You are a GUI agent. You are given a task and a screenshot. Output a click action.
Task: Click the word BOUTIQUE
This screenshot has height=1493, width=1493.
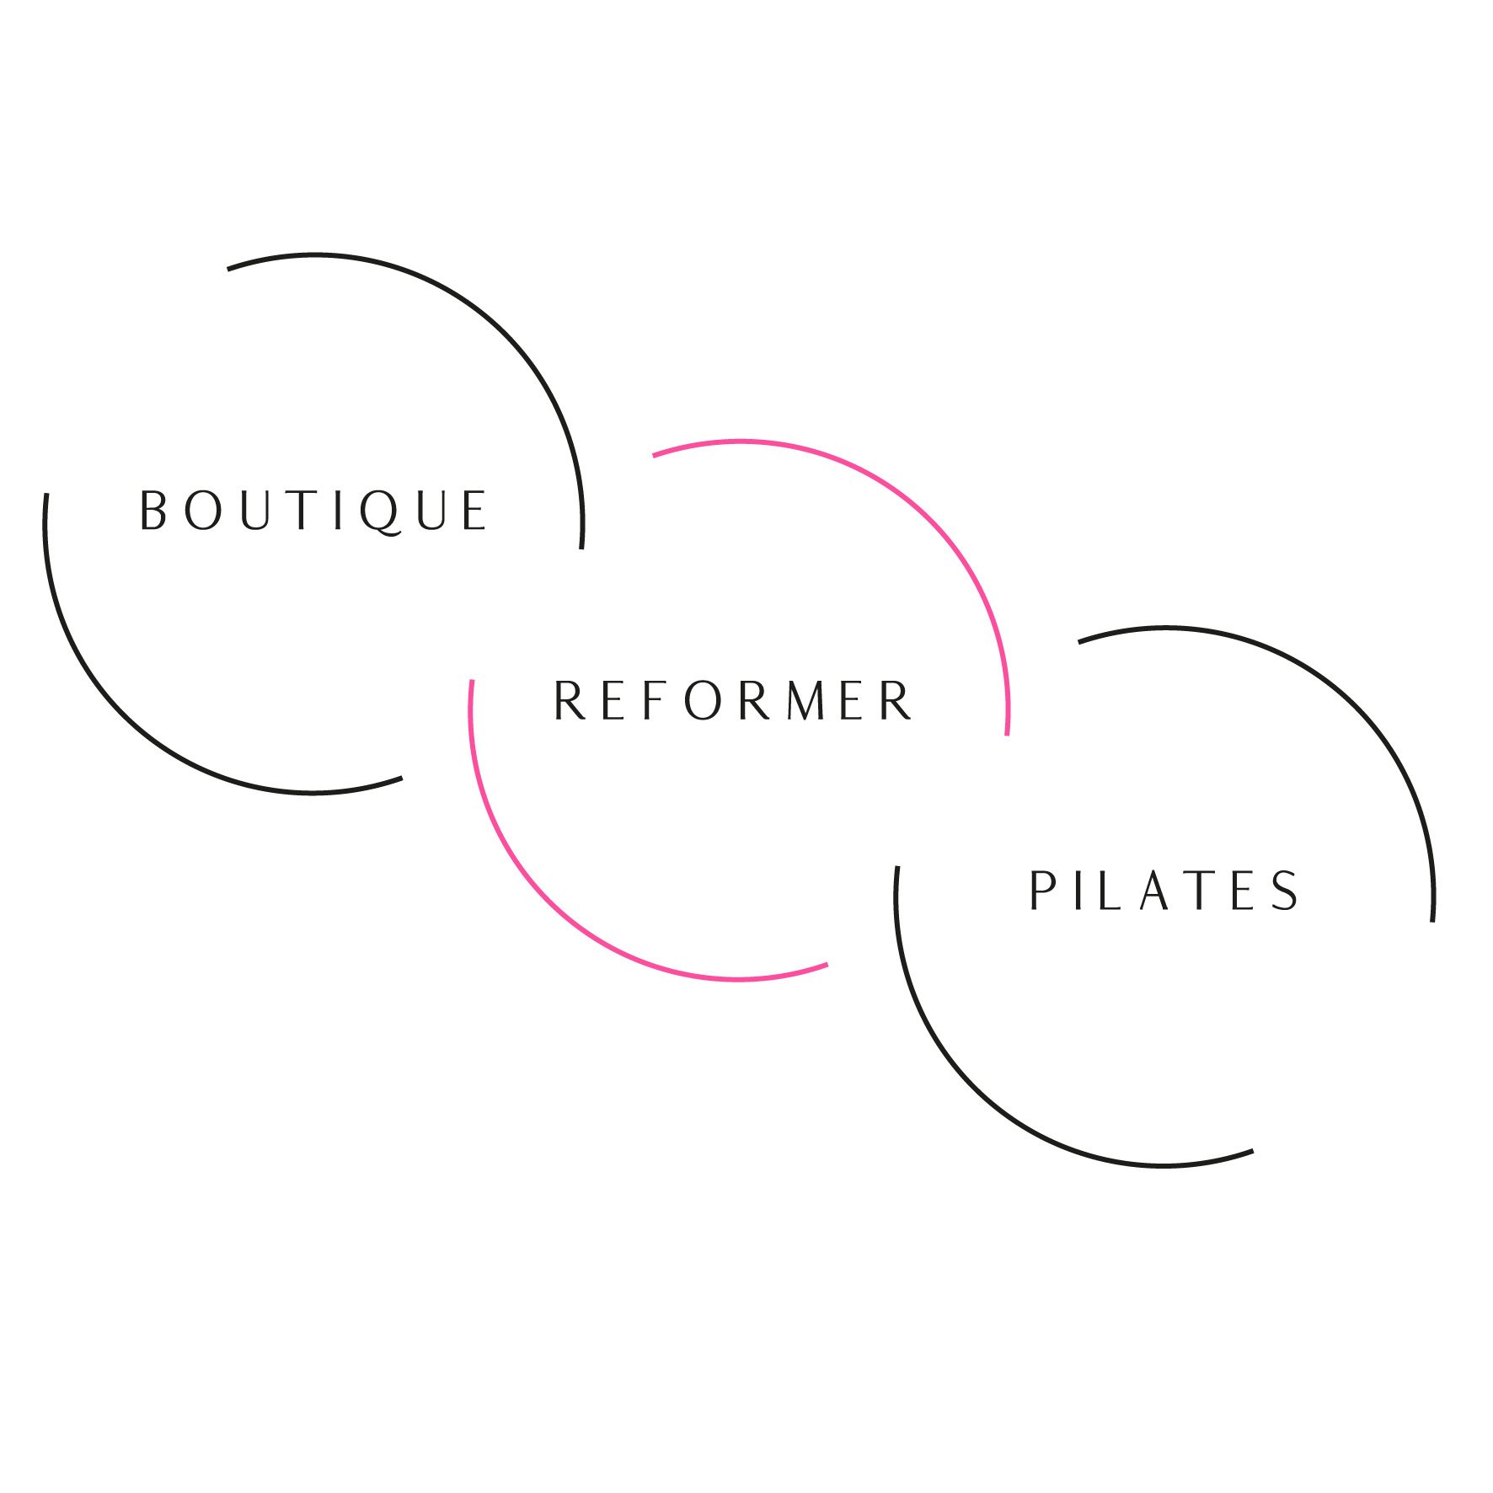pos(313,511)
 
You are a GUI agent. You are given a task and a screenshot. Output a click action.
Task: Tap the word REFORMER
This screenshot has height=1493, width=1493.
pos(732,700)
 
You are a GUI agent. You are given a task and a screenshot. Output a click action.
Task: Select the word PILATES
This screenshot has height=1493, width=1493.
pos(1163,891)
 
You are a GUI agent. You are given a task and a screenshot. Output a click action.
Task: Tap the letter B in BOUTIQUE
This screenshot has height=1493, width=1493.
pos(153,511)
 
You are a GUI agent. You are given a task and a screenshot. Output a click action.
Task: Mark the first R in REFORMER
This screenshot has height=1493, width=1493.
pos(569,700)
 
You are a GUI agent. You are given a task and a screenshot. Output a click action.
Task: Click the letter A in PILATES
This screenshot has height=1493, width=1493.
pos(1156,891)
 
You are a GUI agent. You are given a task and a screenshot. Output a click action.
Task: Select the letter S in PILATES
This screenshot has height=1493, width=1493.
pos(1284,891)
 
